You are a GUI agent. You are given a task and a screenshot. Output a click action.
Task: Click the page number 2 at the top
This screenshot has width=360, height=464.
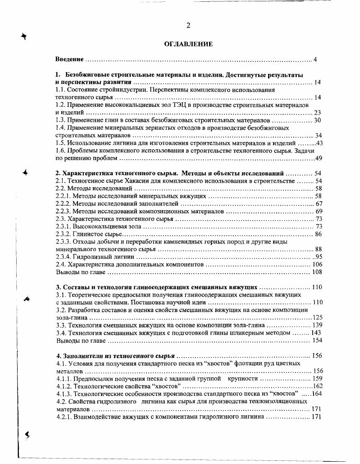click(x=188, y=26)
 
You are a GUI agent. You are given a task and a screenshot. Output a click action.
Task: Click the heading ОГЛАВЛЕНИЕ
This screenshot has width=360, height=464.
click(x=188, y=45)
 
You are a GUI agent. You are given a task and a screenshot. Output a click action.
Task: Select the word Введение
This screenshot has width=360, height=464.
click(x=69, y=60)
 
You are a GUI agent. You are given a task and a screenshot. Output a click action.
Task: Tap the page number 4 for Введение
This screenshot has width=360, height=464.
click(x=315, y=60)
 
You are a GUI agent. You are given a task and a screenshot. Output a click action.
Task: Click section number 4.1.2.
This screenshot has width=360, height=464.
click(x=64, y=386)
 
